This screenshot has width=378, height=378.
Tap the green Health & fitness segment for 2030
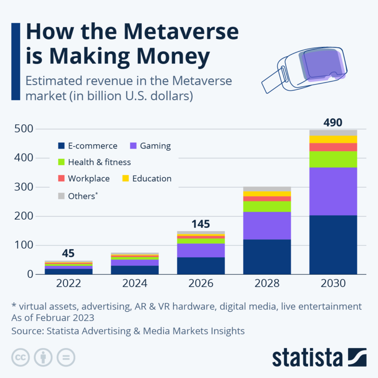333,159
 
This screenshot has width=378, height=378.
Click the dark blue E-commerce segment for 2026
201,265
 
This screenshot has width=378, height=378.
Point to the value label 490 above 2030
333,122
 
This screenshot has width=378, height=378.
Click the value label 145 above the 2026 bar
201,224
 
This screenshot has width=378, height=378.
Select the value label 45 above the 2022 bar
68,253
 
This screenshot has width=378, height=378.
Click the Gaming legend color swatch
133,146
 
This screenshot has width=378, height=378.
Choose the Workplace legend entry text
88,178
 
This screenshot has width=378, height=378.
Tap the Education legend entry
152,178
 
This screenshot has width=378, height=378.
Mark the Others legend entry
82,196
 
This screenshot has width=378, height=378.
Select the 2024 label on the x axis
134,283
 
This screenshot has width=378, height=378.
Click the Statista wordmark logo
307,358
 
